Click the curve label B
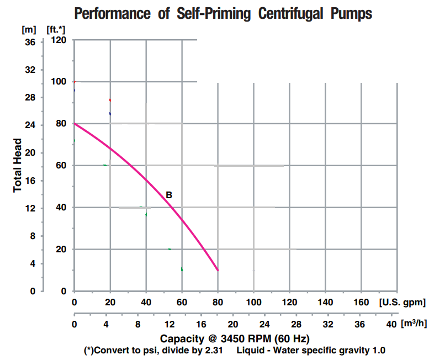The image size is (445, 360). (x=169, y=195)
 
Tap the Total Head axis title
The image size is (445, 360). (x=18, y=165)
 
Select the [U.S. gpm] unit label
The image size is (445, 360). (x=402, y=303)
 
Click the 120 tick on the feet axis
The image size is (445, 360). (x=59, y=40)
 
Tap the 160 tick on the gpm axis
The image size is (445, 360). (x=361, y=303)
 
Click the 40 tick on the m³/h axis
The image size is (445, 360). (x=392, y=324)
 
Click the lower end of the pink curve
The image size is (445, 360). (x=218, y=270)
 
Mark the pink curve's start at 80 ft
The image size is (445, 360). (x=75, y=124)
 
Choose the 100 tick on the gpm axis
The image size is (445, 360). (x=253, y=303)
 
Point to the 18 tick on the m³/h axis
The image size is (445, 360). (x=218, y=324)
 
